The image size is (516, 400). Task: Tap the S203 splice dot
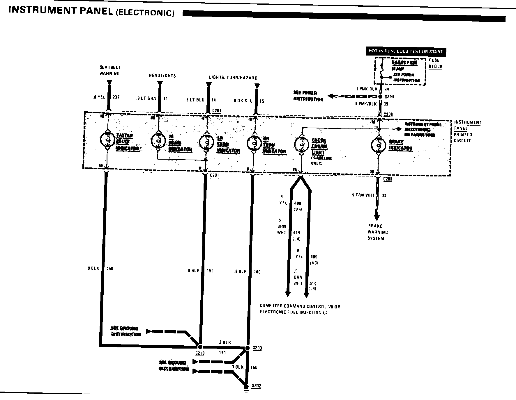click(x=247, y=348)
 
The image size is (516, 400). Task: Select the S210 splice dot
click(x=200, y=347)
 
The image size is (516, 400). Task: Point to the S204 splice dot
click(x=380, y=97)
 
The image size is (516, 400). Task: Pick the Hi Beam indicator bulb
click(x=158, y=141)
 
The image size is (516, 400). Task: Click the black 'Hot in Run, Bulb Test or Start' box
click(x=406, y=51)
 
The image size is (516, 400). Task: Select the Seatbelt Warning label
click(x=110, y=70)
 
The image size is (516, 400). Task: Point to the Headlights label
click(x=162, y=76)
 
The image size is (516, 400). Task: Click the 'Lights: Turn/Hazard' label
click(x=233, y=78)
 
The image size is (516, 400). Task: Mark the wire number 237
click(x=116, y=97)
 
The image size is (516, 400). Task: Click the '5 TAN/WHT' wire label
click(x=363, y=195)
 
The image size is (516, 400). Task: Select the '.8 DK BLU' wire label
click(x=243, y=101)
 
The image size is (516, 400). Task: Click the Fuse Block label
click(x=435, y=63)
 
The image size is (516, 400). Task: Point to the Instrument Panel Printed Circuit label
click(x=467, y=131)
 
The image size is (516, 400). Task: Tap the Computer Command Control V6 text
click(x=300, y=306)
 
